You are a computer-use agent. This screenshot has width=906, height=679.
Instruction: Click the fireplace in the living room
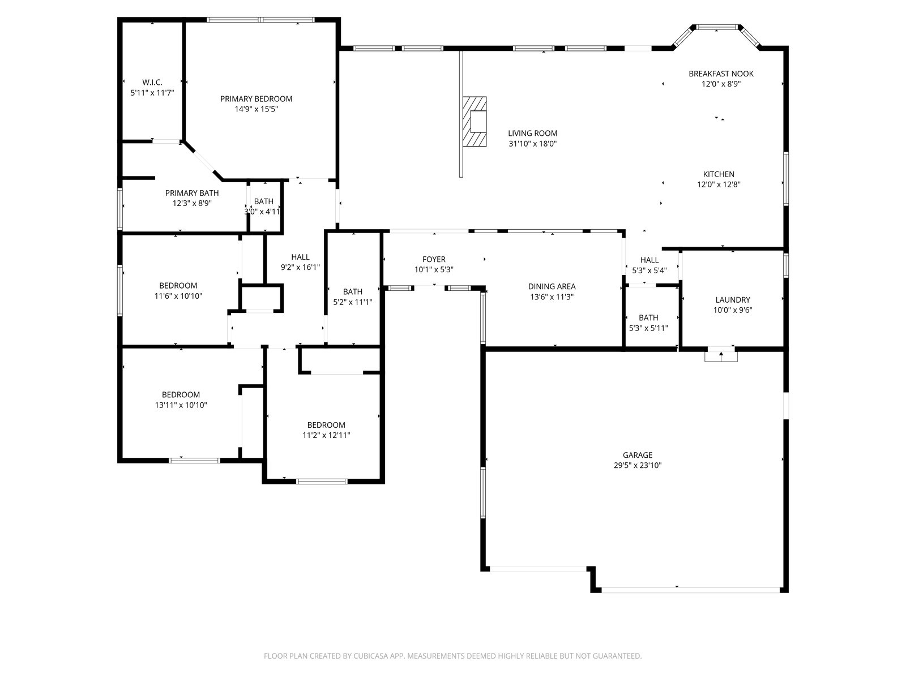475,121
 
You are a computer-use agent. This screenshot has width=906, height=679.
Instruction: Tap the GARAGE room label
637,455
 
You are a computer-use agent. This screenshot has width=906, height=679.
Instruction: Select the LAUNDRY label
733,300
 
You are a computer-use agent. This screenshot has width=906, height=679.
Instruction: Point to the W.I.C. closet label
152,83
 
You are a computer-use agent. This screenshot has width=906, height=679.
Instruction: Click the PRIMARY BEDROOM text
256,99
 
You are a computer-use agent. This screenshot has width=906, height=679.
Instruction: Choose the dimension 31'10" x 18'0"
532,144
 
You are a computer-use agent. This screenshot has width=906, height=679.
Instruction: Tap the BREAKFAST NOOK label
721,74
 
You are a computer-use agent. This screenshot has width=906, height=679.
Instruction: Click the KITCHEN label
719,174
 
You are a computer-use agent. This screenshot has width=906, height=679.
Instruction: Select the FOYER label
434,259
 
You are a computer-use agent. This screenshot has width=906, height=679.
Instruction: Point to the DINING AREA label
552,286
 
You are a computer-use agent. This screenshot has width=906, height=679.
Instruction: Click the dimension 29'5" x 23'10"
637,466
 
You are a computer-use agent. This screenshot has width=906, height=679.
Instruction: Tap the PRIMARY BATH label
192,193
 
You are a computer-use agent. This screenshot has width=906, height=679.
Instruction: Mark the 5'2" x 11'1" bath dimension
353,302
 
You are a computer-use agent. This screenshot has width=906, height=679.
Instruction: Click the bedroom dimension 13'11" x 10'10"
181,405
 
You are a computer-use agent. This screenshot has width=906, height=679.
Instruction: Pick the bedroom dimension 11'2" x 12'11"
326,435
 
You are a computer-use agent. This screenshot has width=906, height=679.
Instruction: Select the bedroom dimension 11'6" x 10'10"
178,296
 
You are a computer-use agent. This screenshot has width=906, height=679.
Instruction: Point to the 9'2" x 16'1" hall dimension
300,268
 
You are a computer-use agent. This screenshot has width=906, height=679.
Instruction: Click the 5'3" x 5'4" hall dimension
649,271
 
